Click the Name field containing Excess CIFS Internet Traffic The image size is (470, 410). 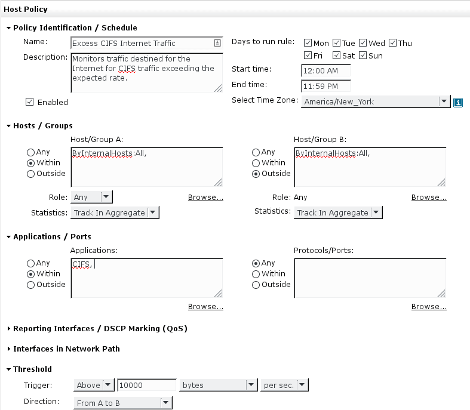coord(146,43)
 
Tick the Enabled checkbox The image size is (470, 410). coord(29,102)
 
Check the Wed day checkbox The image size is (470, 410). coord(363,43)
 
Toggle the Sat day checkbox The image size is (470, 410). coord(336,56)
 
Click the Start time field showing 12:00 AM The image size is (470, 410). coord(325,70)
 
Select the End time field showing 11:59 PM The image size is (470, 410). coord(325,87)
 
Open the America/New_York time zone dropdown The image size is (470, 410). coord(376,102)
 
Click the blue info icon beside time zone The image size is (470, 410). coord(457,103)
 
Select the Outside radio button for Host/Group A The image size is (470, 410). coord(30,174)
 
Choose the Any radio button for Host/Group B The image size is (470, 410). coord(256,152)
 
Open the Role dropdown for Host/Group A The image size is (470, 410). coord(91,197)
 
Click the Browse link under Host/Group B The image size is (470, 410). coord(429,198)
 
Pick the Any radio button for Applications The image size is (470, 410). coord(30,263)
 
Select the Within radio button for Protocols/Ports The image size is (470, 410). coord(256,274)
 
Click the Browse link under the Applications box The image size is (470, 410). coord(205,307)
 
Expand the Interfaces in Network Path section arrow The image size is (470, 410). coord(9,349)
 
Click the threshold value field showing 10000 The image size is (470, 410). coord(146,385)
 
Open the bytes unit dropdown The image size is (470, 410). coord(219,385)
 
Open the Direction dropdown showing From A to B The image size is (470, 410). coord(123,403)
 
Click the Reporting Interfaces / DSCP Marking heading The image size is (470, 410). coord(100,329)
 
